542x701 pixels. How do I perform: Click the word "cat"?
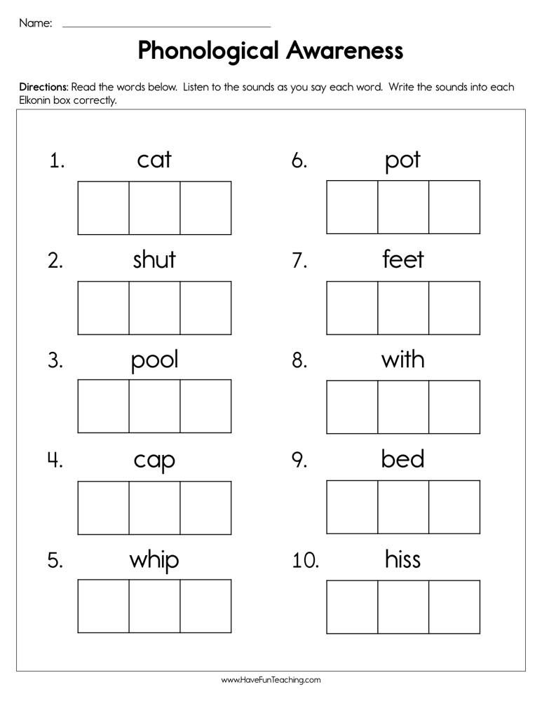click(x=154, y=160)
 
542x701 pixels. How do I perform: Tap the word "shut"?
click(x=154, y=260)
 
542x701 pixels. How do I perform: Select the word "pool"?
click(x=154, y=360)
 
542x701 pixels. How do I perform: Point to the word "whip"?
click(x=154, y=561)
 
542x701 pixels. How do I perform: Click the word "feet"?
click(x=403, y=260)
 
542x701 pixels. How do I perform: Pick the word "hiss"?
click(x=403, y=559)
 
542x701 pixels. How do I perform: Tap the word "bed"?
click(x=403, y=459)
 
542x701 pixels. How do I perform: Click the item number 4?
click(x=55, y=461)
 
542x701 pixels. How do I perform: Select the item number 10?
click(x=304, y=560)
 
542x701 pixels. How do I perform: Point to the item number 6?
click(x=299, y=161)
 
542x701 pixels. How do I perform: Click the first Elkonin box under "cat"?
click(x=103, y=207)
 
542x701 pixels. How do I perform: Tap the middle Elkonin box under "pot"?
click(x=403, y=207)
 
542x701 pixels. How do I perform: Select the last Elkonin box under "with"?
click(x=454, y=407)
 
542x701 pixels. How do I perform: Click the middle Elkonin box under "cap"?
click(x=154, y=508)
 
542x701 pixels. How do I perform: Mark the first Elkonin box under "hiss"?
click(x=352, y=606)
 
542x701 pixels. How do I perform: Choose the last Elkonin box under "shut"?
click(x=205, y=308)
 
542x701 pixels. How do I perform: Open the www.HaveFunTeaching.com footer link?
click(x=271, y=680)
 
